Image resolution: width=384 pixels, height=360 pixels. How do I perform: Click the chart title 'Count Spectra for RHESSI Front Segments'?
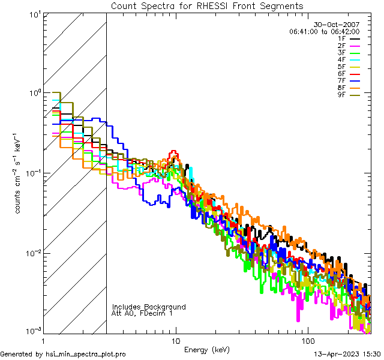tap(207, 5)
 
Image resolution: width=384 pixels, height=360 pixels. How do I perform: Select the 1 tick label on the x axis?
tap(44, 340)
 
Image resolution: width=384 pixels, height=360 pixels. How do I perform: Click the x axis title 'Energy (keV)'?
tap(206, 349)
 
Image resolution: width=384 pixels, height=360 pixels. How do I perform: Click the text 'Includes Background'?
tap(149, 307)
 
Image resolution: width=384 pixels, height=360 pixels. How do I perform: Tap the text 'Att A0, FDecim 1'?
tap(142, 313)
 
